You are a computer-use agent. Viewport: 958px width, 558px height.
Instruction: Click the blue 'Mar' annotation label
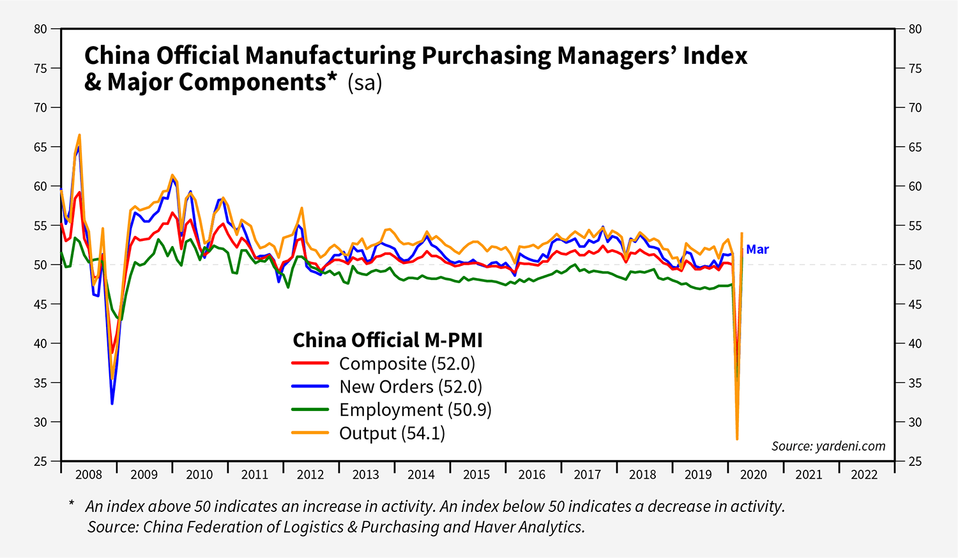point(757,249)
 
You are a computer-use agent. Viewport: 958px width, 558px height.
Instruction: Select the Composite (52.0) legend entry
point(407,364)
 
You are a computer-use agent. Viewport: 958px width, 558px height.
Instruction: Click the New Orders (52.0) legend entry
point(410,387)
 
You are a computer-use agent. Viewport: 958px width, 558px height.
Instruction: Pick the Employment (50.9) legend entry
point(415,410)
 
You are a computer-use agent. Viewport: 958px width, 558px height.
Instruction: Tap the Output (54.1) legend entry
point(392,433)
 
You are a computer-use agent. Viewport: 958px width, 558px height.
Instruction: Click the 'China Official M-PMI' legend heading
point(388,340)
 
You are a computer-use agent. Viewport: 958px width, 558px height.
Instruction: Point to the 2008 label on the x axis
point(89,474)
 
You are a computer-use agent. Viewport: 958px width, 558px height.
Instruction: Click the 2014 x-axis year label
point(421,474)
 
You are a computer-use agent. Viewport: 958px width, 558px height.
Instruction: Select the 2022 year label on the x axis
point(864,474)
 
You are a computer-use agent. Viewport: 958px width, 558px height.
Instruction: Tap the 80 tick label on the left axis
point(41,29)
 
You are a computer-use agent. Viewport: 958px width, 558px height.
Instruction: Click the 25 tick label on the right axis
point(915,461)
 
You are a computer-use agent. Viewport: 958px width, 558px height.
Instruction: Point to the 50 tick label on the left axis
point(41,265)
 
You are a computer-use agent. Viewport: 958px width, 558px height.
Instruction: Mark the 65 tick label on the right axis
point(915,147)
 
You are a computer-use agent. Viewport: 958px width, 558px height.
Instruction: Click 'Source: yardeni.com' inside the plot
point(828,446)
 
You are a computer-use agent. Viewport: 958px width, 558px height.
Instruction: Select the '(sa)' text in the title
point(365,83)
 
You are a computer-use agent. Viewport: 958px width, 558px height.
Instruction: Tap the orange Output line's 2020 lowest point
point(737,439)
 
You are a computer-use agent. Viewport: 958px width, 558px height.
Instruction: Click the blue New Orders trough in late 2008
point(112,404)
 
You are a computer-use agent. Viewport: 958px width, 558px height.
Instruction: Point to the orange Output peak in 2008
point(79,135)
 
